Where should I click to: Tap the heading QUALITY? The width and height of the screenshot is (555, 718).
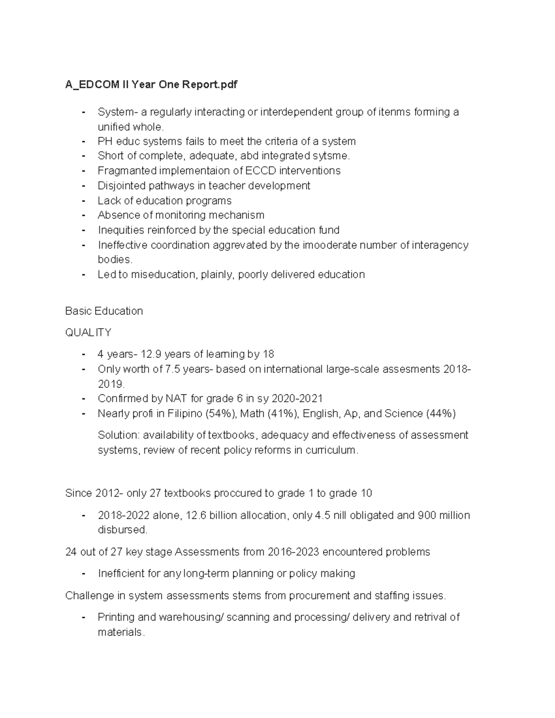[x=88, y=332]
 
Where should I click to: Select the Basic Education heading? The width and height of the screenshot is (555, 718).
[x=104, y=311]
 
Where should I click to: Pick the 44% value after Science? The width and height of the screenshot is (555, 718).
[x=440, y=413]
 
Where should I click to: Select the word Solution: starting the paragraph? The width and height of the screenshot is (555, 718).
[x=118, y=435]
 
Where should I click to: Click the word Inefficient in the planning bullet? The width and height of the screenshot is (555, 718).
[x=122, y=573]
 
